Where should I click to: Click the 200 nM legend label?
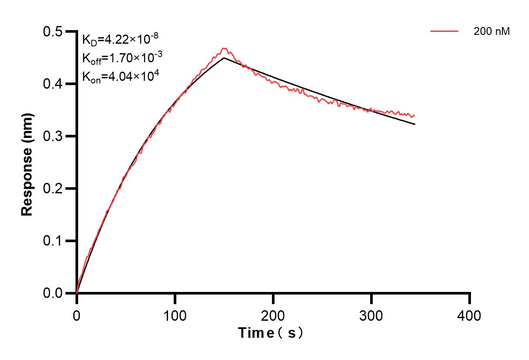tap(492, 31)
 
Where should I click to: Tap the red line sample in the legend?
tap(444, 31)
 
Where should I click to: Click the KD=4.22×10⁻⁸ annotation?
tap(117, 40)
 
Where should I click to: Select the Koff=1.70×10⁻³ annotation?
tap(117, 58)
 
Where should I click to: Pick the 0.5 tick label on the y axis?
tap(53, 32)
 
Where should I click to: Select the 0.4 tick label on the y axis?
tap(53, 84)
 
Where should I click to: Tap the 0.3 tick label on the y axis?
tap(53, 136)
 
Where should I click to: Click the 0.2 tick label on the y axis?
tap(53, 189)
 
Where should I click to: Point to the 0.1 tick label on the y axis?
tap(53, 241)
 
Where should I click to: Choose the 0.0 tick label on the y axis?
tap(53, 293)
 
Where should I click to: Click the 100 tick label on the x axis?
tap(175, 315)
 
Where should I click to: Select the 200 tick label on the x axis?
tap(273, 315)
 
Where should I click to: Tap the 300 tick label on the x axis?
tap(371, 315)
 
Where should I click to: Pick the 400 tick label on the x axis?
tap(470, 315)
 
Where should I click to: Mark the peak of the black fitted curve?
tap(224, 58)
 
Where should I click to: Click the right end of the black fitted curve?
tap(415, 124)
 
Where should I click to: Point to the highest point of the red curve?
tap(224, 48)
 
